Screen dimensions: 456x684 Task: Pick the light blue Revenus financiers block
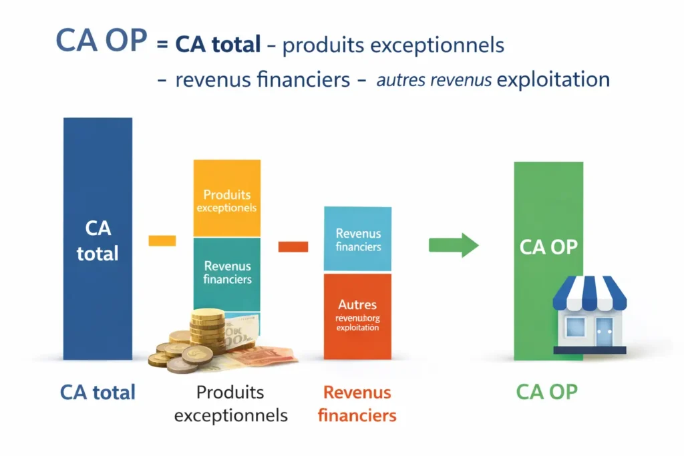click(358, 239)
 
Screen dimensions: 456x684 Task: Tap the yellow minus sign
click(162, 240)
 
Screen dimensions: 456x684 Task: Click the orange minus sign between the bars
click(293, 247)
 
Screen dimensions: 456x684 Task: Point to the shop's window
click(575, 327)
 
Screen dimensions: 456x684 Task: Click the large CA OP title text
click(101, 41)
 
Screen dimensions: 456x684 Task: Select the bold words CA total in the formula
click(218, 45)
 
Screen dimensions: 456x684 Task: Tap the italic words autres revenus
click(434, 80)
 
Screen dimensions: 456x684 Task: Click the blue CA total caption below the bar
click(98, 392)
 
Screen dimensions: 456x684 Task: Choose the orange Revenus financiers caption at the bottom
click(357, 403)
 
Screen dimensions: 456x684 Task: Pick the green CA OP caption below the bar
click(546, 392)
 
